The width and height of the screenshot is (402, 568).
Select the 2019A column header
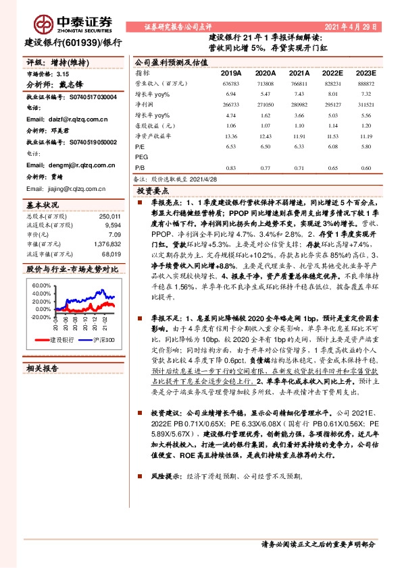(231, 72)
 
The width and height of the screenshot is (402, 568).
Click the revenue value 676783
(231, 83)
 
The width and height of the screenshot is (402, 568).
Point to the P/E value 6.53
(231, 145)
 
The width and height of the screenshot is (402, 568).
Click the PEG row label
(141, 156)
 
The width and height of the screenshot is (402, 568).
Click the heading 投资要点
(153, 192)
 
